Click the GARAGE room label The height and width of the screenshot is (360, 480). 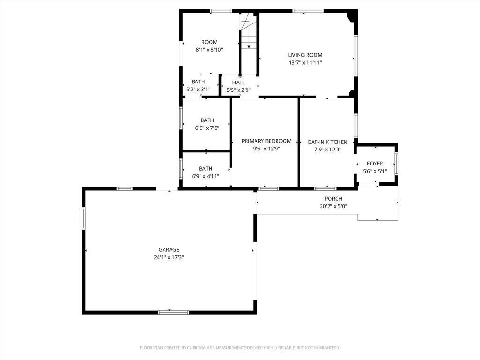point(169,250)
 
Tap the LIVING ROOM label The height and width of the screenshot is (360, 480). point(305,55)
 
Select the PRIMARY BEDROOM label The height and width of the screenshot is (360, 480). point(266,141)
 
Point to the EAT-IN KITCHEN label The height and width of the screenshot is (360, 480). point(328,142)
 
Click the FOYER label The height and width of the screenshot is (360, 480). point(375,164)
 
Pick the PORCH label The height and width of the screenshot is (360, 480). point(333,199)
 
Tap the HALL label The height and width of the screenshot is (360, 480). point(239,82)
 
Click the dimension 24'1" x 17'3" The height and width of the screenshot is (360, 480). point(169,257)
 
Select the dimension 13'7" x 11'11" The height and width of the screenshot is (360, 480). point(305,63)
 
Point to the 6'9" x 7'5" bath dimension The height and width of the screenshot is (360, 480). point(207,128)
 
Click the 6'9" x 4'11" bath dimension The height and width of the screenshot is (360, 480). point(205,176)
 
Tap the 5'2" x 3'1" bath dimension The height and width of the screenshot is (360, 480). point(198,90)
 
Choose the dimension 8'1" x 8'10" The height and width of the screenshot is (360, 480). point(209,50)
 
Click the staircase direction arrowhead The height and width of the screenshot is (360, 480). point(249,46)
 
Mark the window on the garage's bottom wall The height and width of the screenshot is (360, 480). point(173,312)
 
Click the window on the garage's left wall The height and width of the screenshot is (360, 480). point(83,218)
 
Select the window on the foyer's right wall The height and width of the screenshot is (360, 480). point(397,164)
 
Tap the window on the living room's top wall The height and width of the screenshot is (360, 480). point(308,11)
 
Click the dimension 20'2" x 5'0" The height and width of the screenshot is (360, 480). point(333,206)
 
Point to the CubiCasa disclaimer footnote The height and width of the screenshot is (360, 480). point(240,348)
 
